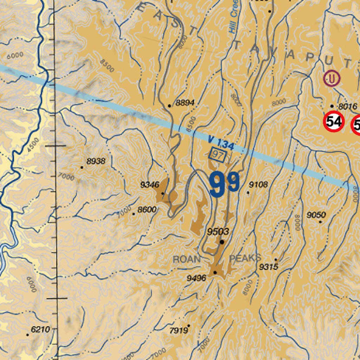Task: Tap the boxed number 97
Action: [218, 155]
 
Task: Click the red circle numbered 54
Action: [334, 122]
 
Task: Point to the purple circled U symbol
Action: [332, 78]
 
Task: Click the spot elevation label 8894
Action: [185, 103]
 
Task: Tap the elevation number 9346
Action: [150, 185]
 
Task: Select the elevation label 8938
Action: [96, 161]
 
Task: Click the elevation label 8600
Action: [147, 210]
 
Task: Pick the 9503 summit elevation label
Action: [218, 232]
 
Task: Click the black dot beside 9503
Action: [222, 242]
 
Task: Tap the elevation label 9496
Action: [196, 278]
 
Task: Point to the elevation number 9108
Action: [258, 185]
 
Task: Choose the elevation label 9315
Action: [269, 267]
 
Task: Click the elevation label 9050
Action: [316, 215]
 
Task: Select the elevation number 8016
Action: [347, 106]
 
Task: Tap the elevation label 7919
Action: [178, 330]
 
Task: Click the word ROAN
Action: [187, 260]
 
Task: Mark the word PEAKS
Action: [245, 258]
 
